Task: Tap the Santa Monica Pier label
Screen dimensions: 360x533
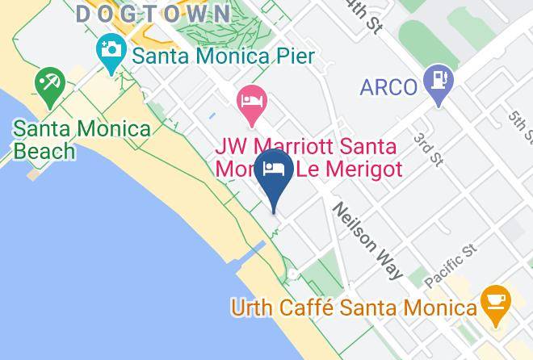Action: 222,57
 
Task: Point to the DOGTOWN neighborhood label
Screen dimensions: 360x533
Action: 153,14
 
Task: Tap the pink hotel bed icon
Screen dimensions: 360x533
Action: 252,102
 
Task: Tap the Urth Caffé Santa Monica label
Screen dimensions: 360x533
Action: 354,307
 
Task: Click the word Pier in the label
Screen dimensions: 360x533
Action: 290,57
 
